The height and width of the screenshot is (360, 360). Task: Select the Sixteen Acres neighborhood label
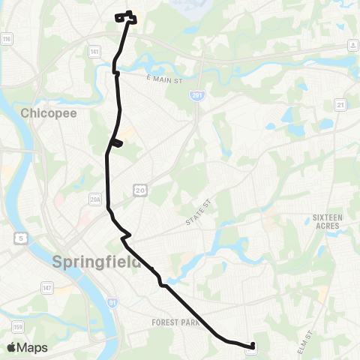tap(327, 222)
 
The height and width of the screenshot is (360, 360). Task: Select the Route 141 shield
tap(94, 52)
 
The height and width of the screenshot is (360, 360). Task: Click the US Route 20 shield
tap(140, 191)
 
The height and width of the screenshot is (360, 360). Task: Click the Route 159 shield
tap(16, 327)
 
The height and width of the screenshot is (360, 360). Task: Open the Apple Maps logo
tap(27, 347)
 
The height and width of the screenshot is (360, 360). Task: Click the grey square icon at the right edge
tap(352, 45)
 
